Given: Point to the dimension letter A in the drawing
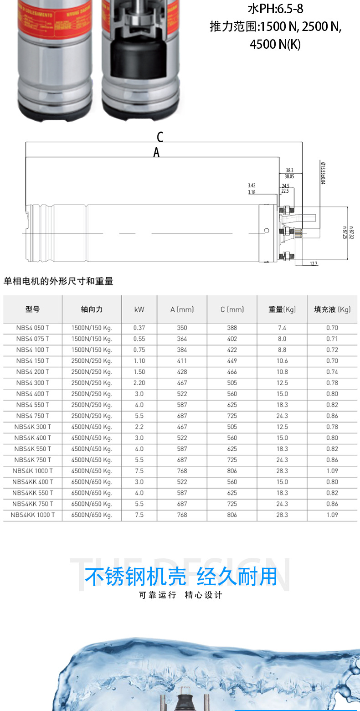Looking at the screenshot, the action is (x=156, y=153).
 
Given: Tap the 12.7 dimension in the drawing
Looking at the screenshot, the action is (x=314, y=264).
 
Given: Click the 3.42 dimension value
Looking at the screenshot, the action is (x=252, y=185).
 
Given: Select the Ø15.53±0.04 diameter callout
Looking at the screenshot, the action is (x=323, y=173).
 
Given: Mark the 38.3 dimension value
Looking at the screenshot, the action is (x=289, y=170).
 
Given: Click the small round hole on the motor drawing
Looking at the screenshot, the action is (x=267, y=231).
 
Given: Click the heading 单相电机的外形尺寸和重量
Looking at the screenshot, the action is (x=58, y=281).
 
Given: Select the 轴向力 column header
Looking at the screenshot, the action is (x=92, y=309).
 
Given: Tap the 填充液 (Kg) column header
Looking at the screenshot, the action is (x=332, y=309).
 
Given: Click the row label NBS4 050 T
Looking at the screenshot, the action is (x=32, y=328).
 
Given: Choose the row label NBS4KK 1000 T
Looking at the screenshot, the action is (x=32, y=515).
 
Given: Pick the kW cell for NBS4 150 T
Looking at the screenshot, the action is (x=139, y=361).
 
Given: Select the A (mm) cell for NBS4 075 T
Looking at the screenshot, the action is (x=182, y=339).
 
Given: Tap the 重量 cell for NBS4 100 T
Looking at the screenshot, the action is (x=282, y=350).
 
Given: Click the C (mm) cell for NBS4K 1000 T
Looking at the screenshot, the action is (x=232, y=471).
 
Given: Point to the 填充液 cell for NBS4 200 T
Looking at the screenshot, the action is (x=332, y=372).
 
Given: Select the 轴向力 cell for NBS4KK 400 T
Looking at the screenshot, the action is (x=92, y=482).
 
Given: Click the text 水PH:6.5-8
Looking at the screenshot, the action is (x=275, y=9).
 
